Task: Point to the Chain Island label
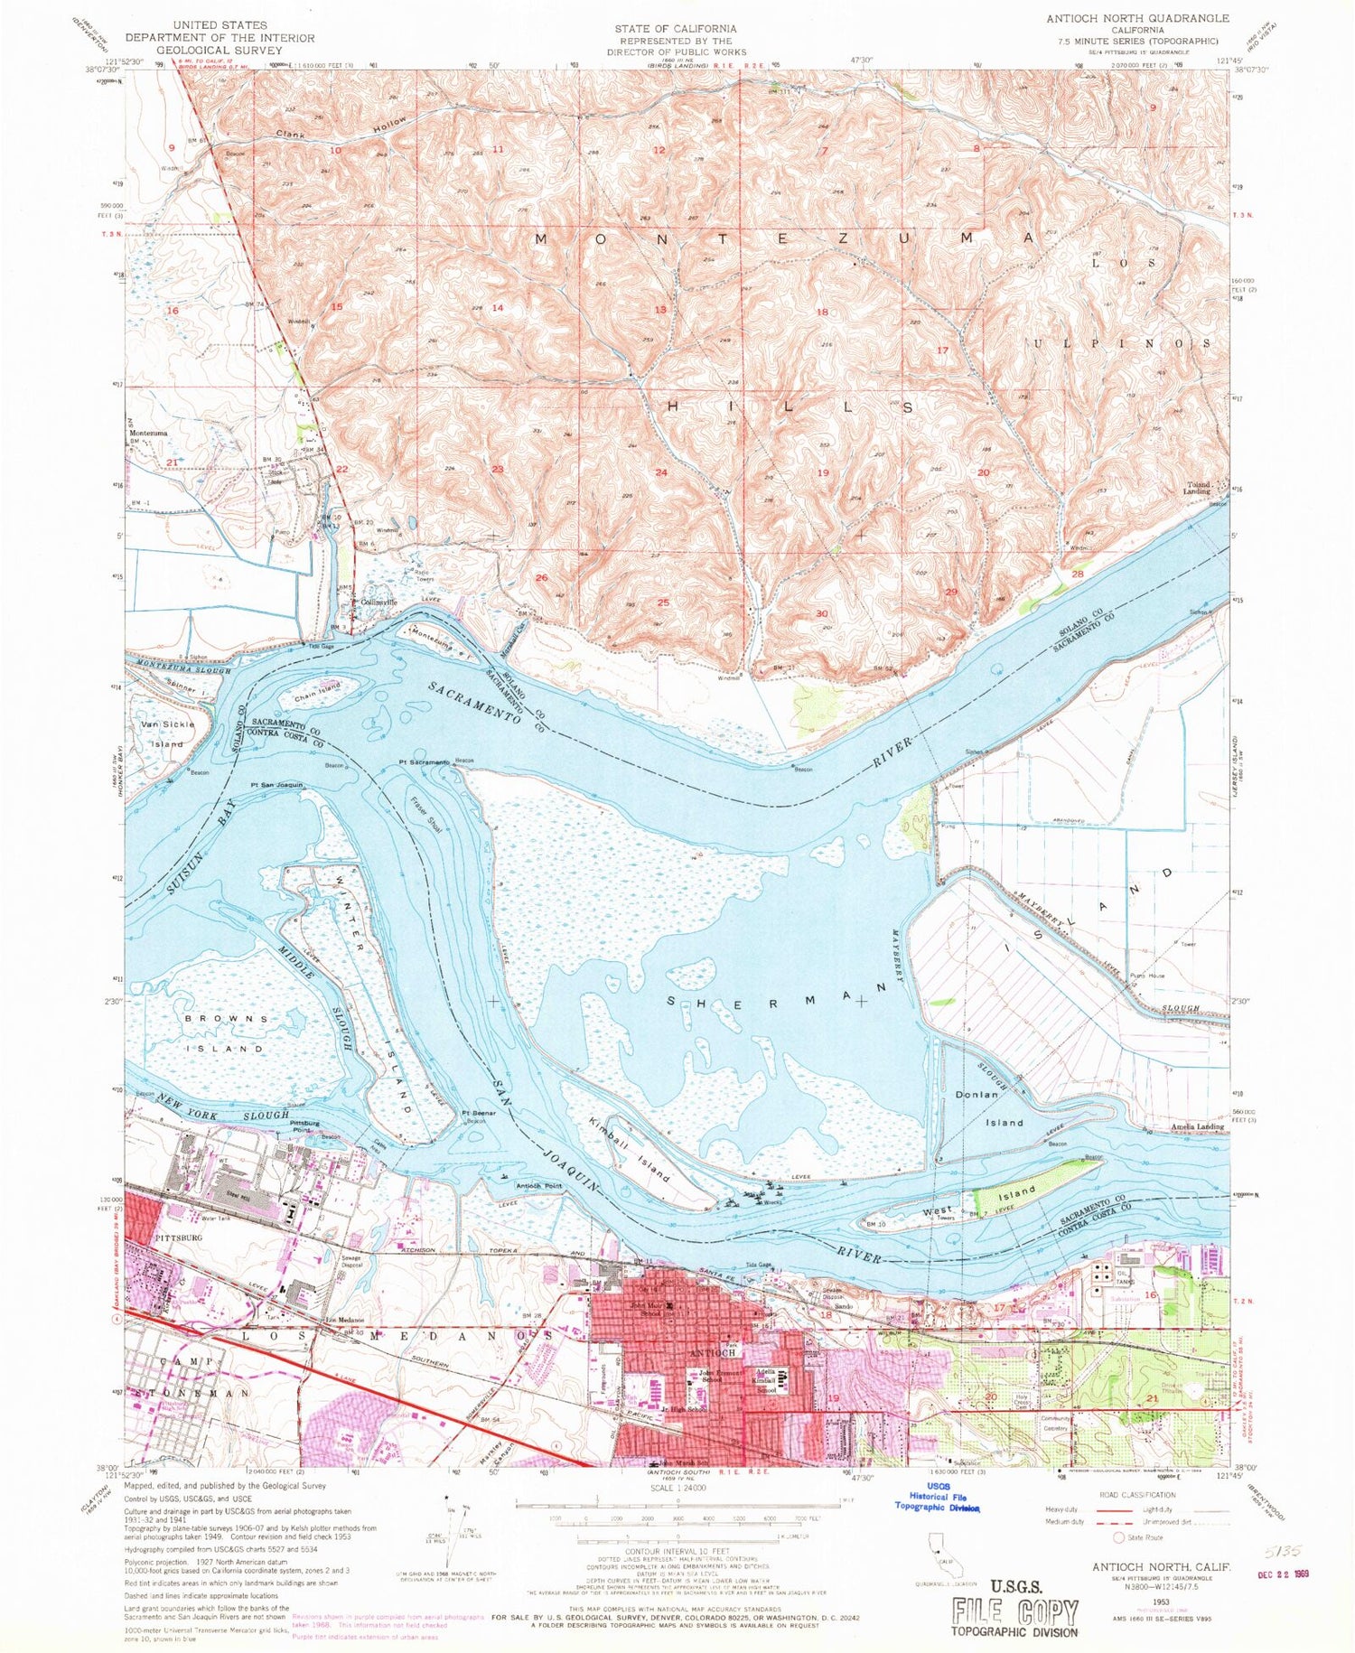316,695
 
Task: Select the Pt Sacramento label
424,762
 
